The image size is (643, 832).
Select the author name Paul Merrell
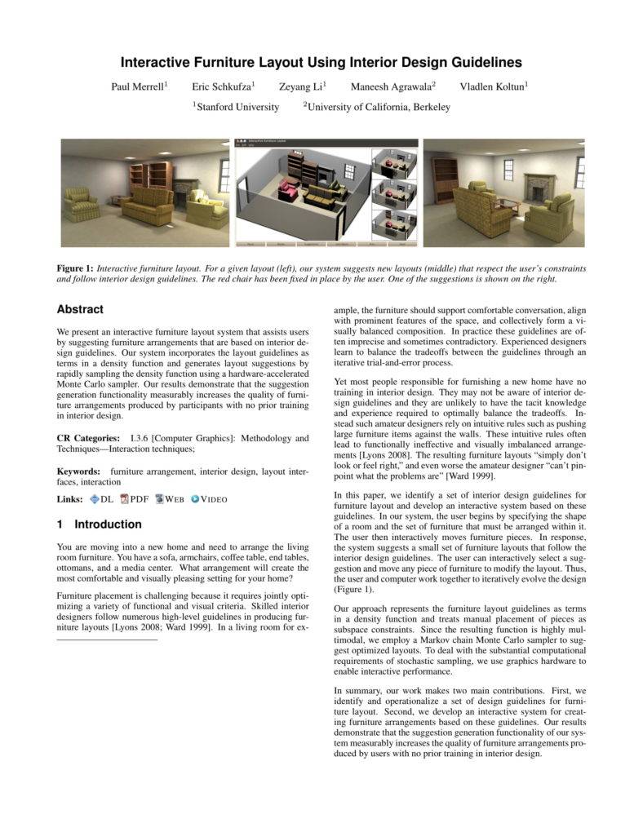coord(138,86)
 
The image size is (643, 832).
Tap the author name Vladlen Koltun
coord(492,86)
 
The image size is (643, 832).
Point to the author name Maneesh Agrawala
coord(391,86)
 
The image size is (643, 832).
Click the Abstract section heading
coord(80,310)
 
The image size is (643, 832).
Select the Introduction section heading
coord(99,524)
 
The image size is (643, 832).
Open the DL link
coord(102,499)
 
